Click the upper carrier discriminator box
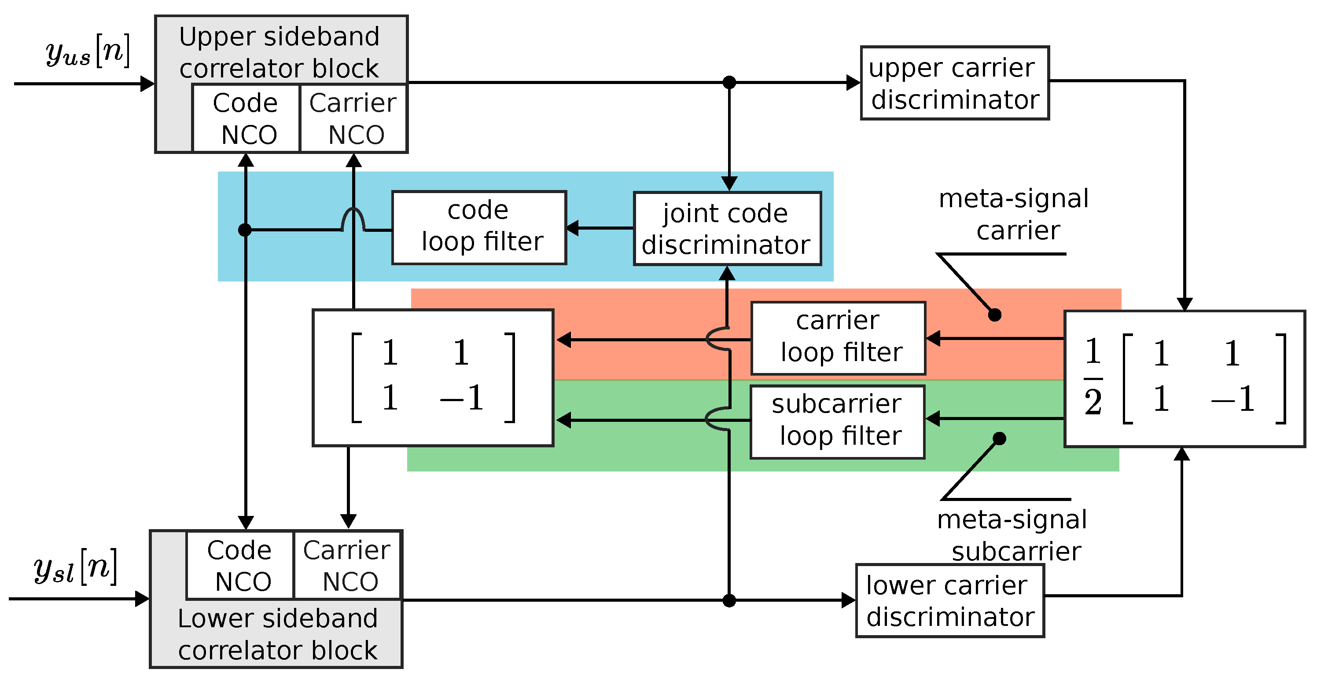[955, 83]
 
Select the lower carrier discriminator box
[950, 601]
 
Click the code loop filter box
[479, 228]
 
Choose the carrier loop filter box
[838, 338]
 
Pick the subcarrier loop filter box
[837, 422]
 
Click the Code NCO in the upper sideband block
[246, 118]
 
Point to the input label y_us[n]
[88, 51]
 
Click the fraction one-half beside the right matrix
[1093, 377]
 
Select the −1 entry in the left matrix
[462, 398]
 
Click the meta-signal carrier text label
[1014, 215]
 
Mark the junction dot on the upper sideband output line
[729, 82]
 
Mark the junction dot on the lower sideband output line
[729, 601]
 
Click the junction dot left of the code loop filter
[245, 230]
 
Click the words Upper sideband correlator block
[279, 52]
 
